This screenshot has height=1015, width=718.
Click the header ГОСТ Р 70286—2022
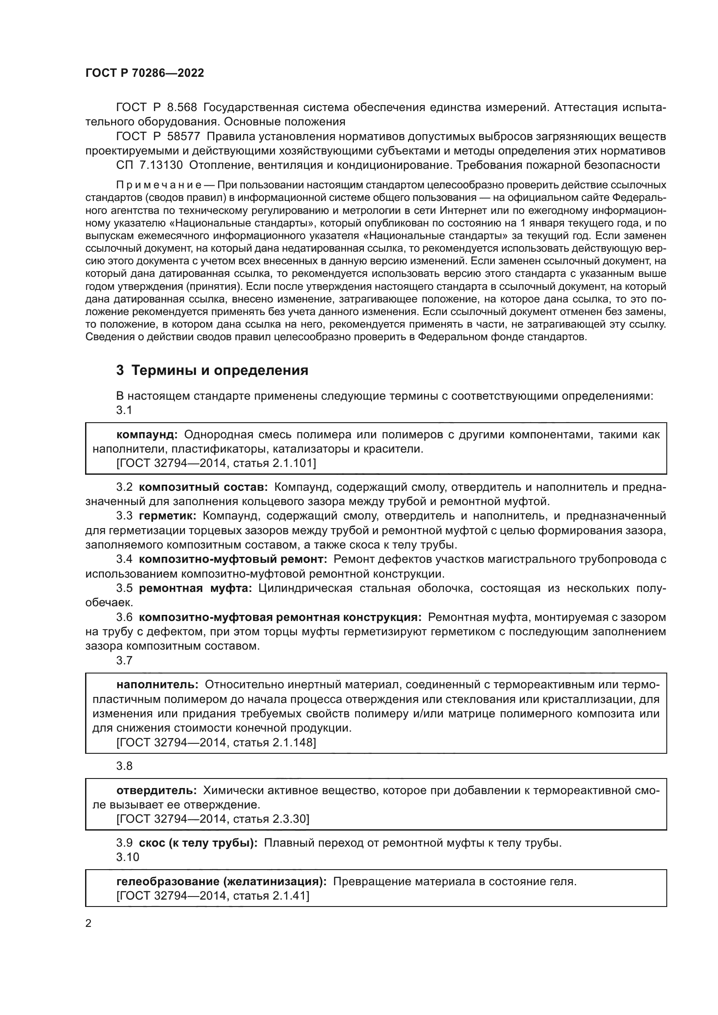pos(145,73)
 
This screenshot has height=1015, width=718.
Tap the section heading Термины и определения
pos(212,370)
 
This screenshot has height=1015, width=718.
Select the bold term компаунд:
pos(147,434)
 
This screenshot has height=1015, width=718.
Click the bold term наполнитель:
pos(158,685)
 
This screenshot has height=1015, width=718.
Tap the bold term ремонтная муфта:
pos(195,588)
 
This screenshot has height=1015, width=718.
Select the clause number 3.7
pos(124,660)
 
